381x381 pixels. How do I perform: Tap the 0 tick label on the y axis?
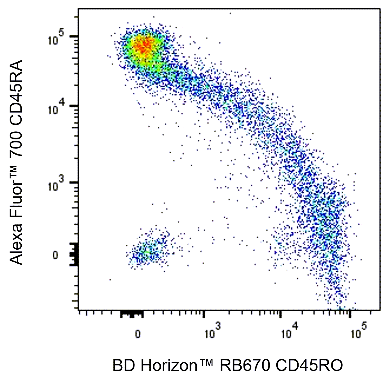click(55, 256)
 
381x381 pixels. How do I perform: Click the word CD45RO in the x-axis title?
click(309, 366)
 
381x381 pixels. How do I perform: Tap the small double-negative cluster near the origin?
click(147, 251)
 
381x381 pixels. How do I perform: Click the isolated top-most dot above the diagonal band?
click(230, 13)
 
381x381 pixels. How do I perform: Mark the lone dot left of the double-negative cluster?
click(110, 279)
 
